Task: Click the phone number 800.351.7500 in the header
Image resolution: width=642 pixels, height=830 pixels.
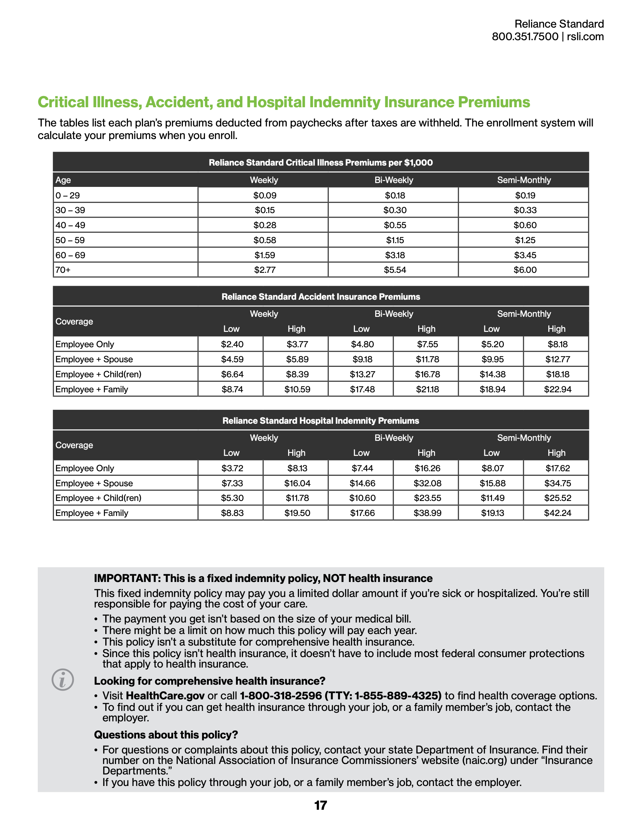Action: pos(525,37)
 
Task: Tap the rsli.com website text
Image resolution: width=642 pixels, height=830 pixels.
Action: pos(585,37)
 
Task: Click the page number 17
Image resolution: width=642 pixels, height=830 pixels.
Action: pos(321,805)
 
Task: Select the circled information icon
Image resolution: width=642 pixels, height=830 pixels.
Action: pos(63,679)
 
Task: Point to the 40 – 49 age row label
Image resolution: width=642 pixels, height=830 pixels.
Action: pos(70,225)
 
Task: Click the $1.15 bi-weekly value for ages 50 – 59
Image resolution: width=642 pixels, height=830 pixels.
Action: pos(395,240)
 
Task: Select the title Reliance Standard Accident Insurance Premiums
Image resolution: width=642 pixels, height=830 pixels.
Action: pos(321,297)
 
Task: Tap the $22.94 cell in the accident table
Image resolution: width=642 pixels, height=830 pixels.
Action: pos(558,389)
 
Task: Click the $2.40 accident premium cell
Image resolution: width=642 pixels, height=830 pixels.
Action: pos(232,345)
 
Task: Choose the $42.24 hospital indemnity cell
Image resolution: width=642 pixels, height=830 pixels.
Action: pos(558,513)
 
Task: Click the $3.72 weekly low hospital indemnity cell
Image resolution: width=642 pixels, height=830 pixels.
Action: pos(232,468)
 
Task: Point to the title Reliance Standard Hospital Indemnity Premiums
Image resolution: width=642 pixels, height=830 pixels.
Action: pos(321,421)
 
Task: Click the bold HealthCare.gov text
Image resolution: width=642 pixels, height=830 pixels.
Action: pos(165,696)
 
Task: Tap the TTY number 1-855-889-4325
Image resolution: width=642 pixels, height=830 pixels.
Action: pos(398,696)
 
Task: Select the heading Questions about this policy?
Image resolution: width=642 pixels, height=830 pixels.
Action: pos(166,735)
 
